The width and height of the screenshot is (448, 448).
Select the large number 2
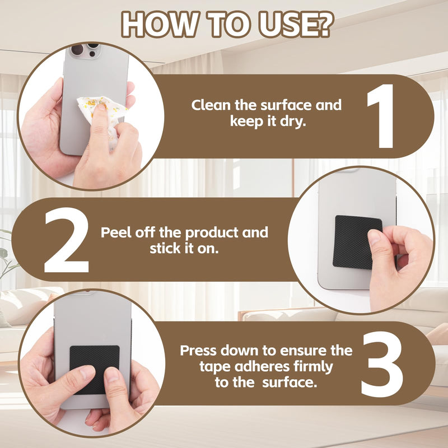tap(67, 240)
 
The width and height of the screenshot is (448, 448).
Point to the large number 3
tap(382, 364)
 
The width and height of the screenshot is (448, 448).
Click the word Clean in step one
tap(211, 105)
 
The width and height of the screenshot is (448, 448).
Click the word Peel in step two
tap(116, 232)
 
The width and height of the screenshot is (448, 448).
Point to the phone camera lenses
tap(85, 50)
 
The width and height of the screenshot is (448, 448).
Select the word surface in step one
tap(287, 105)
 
